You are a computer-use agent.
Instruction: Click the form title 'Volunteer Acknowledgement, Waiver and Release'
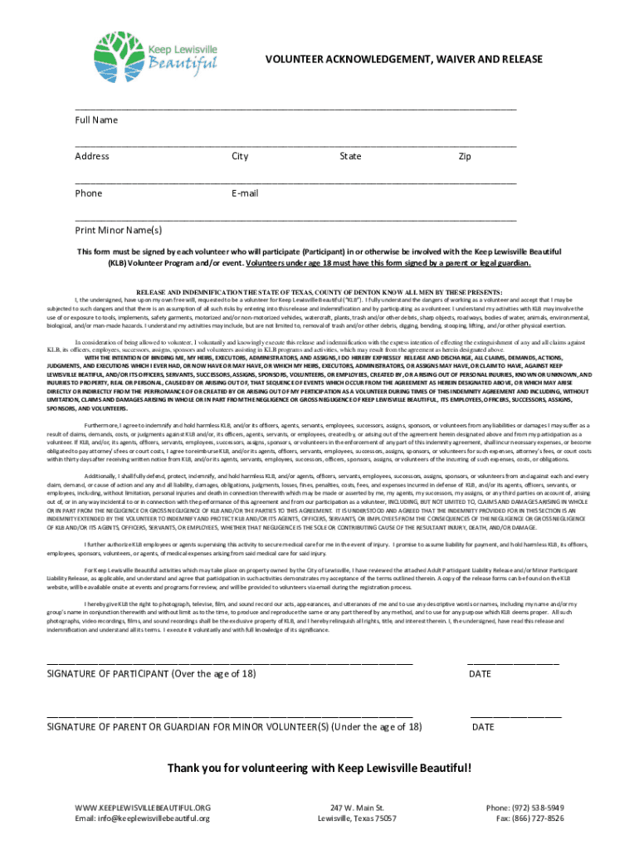403,60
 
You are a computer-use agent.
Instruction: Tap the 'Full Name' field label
96,120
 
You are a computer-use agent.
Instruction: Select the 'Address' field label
91,156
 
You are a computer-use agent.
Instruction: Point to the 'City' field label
240,156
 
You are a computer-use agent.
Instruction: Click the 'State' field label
350,156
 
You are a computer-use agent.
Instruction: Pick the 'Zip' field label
465,156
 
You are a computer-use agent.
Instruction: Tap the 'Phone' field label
89,193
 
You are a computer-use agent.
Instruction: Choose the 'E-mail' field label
246,193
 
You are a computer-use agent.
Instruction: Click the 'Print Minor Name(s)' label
119,230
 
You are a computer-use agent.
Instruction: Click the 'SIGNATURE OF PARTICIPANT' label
151,674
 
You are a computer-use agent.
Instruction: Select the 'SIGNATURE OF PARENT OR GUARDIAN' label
234,727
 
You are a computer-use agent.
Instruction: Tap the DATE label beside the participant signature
480,674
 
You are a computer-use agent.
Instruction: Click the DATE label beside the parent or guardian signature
483,727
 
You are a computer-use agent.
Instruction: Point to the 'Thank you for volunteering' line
319,768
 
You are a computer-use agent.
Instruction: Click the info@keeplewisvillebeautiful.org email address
142,818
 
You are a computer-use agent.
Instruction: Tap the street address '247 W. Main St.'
357,807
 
